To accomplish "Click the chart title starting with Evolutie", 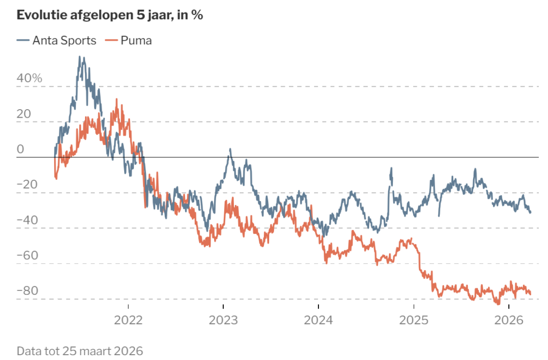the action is (x=110, y=15).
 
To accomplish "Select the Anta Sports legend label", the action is (x=64, y=41).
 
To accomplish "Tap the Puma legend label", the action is (x=136, y=41).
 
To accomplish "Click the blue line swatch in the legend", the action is (x=23, y=41).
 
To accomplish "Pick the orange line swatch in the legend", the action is (x=111, y=41).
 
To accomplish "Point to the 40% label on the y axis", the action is (x=29, y=78).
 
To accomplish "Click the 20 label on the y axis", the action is (x=24, y=114).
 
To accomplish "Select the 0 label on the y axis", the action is (x=20, y=149).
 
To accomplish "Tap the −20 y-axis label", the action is (x=27, y=185).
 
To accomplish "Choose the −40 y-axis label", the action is (x=27, y=220).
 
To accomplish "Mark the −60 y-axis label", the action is (x=27, y=255).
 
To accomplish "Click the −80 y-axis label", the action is (x=27, y=290).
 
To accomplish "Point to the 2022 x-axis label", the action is (x=128, y=320).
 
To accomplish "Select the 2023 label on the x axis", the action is (x=223, y=320).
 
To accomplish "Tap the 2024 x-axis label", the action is (x=318, y=320).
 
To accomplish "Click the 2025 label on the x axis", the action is (x=414, y=320).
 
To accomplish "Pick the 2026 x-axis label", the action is (x=509, y=320).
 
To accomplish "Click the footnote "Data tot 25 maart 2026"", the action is (x=80, y=351).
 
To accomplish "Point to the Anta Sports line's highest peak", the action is (x=80, y=57).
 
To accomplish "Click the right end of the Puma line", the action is (x=530, y=294).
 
